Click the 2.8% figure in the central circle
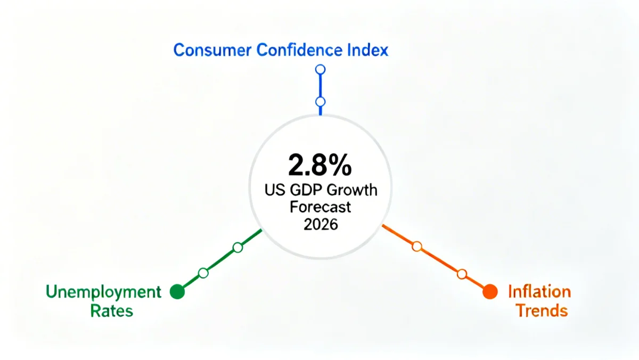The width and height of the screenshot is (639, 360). (x=319, y=166)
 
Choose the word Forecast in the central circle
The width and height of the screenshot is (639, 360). (x=320, y=207)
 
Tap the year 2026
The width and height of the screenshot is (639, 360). (x=321, y=224)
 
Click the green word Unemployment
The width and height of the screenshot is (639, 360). (x=103, y=292)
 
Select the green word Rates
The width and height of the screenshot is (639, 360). (x=112, y=310)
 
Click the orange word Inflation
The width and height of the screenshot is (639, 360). (x=539, y=292)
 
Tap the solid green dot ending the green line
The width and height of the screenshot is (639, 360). (x=177, y=292)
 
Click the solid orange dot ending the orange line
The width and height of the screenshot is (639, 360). (x=489, y=292)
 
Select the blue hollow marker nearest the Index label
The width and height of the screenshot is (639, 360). (x=320, y=69)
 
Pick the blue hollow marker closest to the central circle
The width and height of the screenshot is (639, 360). (x=320, y=102)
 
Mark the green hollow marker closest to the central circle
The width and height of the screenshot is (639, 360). (x=238, y=248)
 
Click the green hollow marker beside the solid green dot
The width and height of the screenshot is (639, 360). (x=203, y=273)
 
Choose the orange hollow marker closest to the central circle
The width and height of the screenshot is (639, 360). (x=417, y=246)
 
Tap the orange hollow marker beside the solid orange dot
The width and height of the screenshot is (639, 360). (x=462, y=274)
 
